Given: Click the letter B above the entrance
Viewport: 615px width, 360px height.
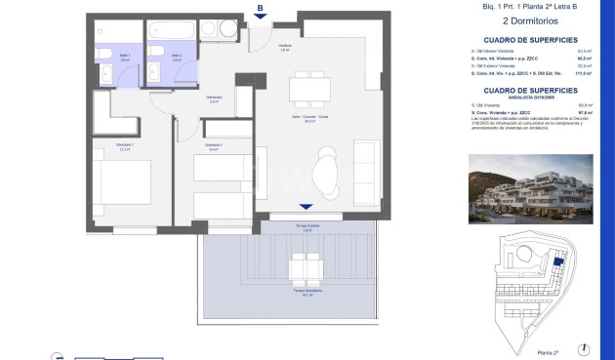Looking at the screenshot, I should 260,9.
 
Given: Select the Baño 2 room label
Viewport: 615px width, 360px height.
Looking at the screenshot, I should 177,58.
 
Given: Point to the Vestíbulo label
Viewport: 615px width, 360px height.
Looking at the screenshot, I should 285,47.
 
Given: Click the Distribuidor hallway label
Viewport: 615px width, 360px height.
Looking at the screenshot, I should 214,98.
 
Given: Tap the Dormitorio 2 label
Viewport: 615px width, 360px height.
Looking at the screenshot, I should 215,147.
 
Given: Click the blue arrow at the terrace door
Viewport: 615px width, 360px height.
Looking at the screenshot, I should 307,207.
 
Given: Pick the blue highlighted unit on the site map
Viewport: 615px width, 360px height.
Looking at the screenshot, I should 558,260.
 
